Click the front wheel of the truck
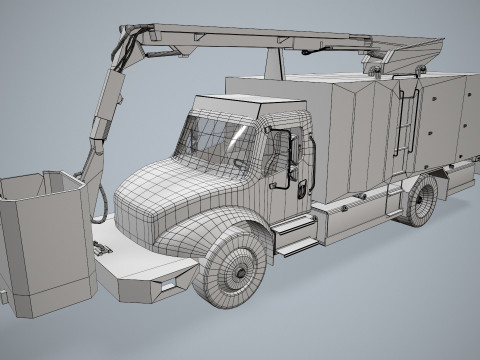tap(239, 262)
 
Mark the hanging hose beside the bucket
tap(100, 200)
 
